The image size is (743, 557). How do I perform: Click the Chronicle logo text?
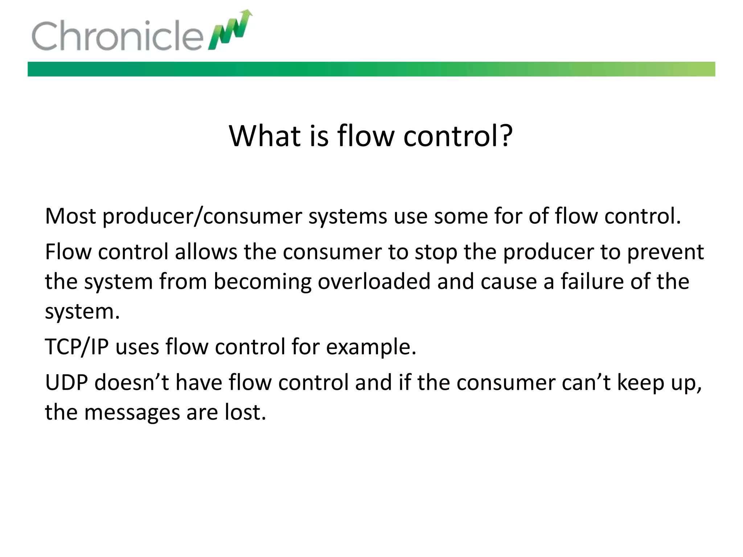117,36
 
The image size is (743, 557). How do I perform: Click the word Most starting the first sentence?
70,216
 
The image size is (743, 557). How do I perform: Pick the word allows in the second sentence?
206,252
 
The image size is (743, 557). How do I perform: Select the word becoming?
262,282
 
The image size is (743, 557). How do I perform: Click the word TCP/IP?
77,347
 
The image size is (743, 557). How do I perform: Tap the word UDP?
66,382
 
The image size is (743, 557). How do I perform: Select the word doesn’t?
132,382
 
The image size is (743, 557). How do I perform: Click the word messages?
132,413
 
